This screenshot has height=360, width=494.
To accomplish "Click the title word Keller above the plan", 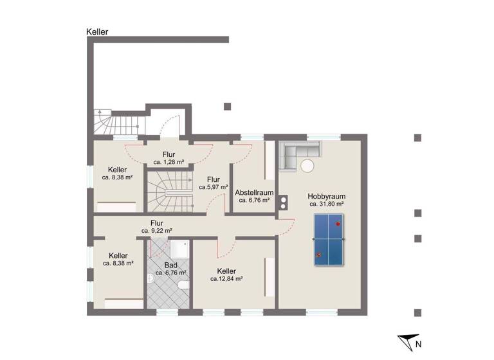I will click(x=97, y=32).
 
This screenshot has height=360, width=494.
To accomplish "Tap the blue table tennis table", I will click(x=329, y=240).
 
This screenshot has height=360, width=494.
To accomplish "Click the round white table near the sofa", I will click(x=307, y=166).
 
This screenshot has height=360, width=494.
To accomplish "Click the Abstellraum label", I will click(x=254, y=192).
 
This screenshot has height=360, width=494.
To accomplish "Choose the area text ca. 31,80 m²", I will click(x=326, y=204).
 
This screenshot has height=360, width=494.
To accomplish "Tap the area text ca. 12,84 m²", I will click(x=226, y=279).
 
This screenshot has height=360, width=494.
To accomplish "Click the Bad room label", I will click(x=170, y=264).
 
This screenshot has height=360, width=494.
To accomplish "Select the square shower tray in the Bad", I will click(x=179, y=249).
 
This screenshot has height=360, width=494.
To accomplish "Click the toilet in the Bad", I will click(x=183, y=285).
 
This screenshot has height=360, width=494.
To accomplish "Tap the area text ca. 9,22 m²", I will click(x=157, y=230).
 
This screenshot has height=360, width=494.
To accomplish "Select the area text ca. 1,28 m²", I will click(x=169, y=162).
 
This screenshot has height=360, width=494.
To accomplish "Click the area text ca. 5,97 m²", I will click(x=213, y=188).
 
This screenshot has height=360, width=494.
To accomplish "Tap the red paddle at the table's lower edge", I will click(x=318, y=255).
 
